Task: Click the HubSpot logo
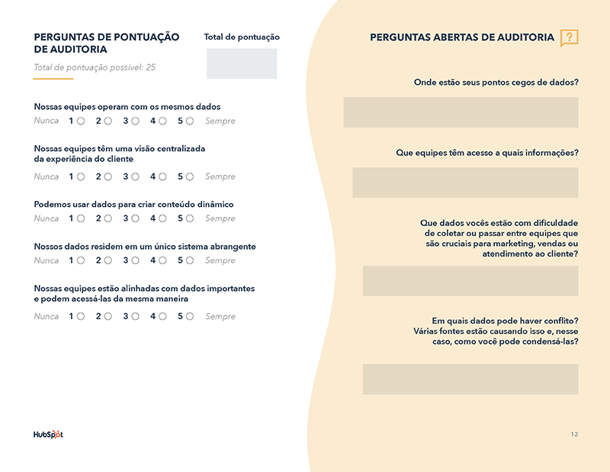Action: (48, 435)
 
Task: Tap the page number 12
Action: (574, 435)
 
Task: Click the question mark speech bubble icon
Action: (569, 37)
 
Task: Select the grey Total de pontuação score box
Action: (242, 63)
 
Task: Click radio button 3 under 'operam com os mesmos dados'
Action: (135, 121)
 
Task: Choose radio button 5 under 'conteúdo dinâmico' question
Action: (190, 218)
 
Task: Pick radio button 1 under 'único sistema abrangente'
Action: (81, 260)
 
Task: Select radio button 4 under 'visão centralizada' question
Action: (162, 176)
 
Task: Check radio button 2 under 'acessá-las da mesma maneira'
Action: (108, 316)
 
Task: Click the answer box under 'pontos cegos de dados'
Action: (461, 112)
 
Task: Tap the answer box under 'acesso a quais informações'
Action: (465, 183)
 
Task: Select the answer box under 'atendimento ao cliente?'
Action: (470, 281)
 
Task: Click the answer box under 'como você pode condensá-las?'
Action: (470, 379)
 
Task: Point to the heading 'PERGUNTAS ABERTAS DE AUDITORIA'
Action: (462, 37)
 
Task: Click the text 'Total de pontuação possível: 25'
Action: (95, 67)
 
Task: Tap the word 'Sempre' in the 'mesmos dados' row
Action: (220, 121)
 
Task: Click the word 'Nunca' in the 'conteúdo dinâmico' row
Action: (47, 218)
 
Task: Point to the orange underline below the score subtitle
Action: (53, 79)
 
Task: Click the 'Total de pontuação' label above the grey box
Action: (242, 37)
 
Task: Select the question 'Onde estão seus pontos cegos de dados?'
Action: (496, 82)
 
